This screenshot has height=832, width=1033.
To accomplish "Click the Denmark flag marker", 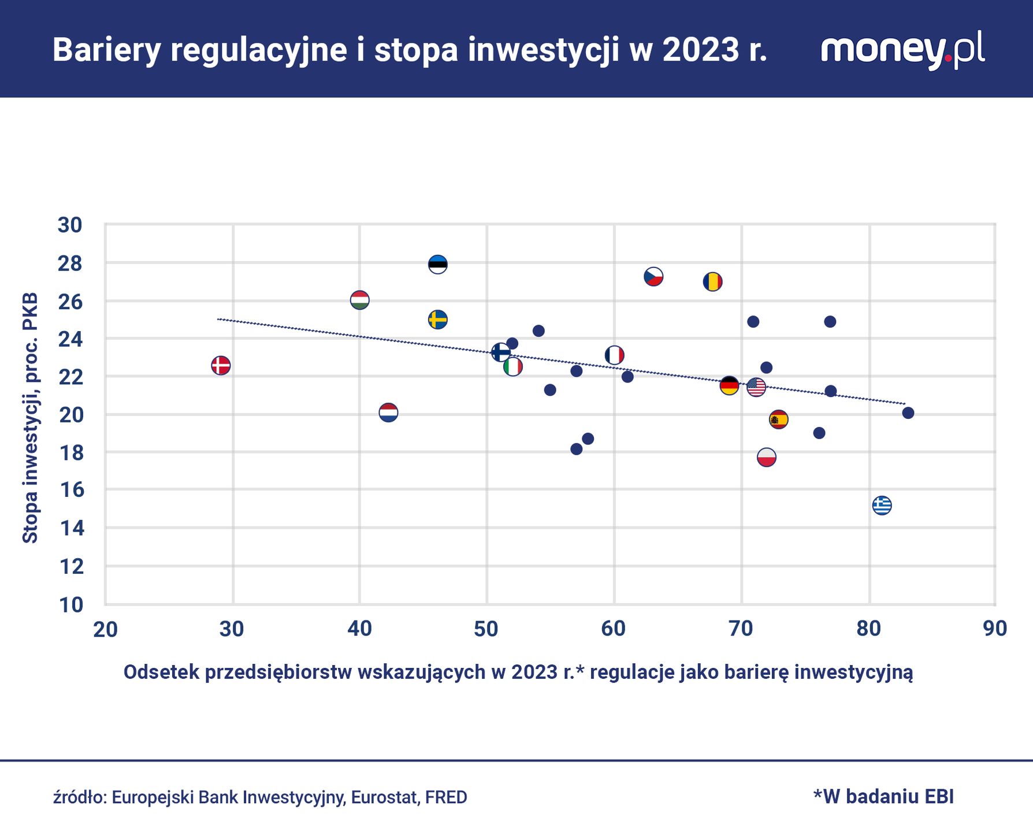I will [x=221, y=365].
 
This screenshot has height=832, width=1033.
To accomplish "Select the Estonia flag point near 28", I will [x=438, y=265].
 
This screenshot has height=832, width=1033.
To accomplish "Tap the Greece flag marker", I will [x=882, y=506].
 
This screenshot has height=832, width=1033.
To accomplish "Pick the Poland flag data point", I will [x=766, y=458].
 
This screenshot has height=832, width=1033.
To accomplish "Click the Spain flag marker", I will [x=779, y=419].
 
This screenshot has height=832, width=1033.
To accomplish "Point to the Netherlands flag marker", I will [x=388, y=413].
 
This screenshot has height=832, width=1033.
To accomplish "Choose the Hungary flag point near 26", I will [x=359, y=300].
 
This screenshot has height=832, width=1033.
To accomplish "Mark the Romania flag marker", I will [x=712, y=282].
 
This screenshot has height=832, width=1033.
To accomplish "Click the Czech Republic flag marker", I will [x=653, y=277].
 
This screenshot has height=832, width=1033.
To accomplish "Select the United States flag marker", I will [x=756, y=387].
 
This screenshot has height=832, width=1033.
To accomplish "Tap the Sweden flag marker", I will [x=438, y=320].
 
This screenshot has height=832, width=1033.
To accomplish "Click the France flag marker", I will [x=614, y=355].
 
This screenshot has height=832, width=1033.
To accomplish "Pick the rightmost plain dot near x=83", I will [x=908, y=413].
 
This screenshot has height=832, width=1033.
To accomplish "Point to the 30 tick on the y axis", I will [x=70, y=225].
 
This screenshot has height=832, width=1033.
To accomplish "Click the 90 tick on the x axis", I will [x=995, y=629].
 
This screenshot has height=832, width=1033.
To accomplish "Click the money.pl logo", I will [x=902, y=50].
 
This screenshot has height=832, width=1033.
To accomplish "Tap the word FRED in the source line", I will [x=446, y=797].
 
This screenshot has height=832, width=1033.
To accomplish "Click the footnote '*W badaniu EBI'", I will [x=883, y=796].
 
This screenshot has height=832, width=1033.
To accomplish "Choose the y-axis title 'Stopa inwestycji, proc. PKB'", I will [x=30, y=418].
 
